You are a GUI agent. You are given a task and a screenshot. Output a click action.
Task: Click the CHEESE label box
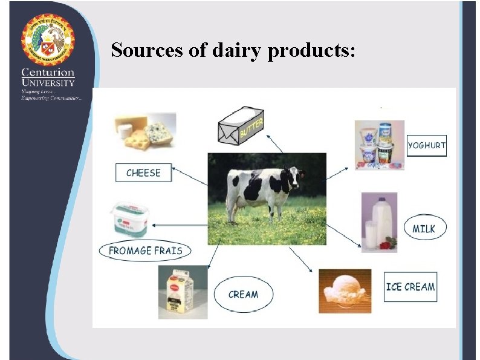(x=143, y=173)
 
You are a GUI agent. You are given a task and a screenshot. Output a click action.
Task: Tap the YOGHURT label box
(x=426, y=146)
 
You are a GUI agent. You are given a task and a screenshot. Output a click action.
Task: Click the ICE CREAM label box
(x=410, y=287)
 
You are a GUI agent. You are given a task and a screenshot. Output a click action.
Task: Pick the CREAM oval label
(x=243, y=295)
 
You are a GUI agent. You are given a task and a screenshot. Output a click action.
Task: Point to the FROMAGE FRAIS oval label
(x=145, y=250)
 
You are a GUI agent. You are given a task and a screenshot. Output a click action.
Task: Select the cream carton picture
(x=183, y=292)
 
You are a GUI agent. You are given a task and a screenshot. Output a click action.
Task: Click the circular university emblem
(x=48, y=39)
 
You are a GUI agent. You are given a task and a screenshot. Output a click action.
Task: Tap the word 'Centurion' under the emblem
(x=48, y=73)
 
